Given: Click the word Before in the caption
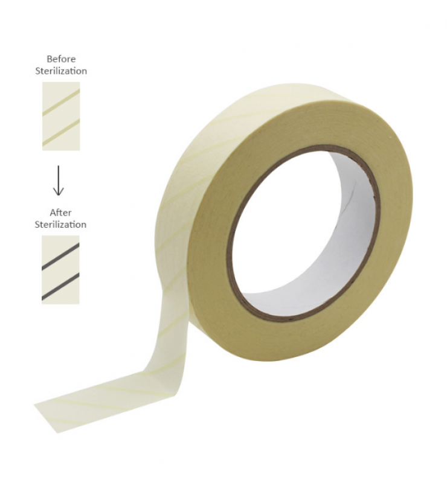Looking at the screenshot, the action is coord(61,59).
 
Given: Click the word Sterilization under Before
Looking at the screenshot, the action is coord(61,71).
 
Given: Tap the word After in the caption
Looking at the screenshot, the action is coord(60,213).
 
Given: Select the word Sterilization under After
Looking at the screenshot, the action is coord(60,224).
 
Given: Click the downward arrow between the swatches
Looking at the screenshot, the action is coord(58,181).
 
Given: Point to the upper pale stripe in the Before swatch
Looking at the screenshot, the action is coord(61,102).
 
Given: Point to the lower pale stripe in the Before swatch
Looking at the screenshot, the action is coord(61,132).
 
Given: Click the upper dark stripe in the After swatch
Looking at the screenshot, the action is coord(60,257).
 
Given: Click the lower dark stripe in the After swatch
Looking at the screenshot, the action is coord(60,286).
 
